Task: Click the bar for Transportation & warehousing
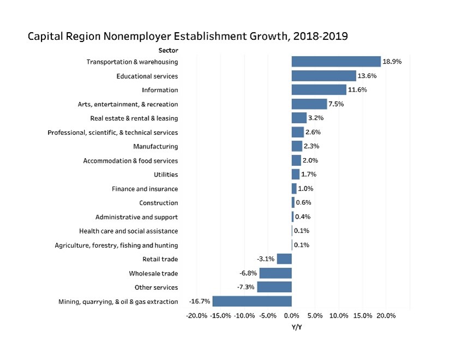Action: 336,62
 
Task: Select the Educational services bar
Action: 324,76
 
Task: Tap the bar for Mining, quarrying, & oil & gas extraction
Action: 252,301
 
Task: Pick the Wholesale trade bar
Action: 276,273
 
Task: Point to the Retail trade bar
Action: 284,259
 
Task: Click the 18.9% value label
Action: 392,62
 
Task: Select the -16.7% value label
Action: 200,301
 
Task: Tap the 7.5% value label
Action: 336,104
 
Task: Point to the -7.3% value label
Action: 245,287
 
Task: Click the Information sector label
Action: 160,90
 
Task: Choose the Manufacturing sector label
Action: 156,147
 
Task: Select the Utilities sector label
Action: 166,175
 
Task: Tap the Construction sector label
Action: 158,203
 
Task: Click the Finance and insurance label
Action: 145,189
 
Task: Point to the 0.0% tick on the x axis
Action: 292,316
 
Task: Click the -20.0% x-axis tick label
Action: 196,316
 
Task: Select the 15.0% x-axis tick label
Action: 363,316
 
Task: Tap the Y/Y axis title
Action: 297,327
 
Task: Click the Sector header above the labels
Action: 168,50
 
